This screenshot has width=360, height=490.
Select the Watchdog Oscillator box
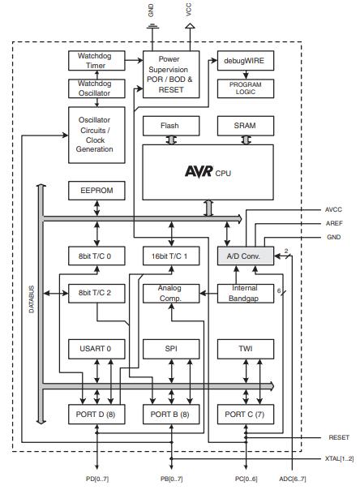point(96,88)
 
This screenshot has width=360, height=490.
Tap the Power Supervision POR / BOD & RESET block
point(171,74)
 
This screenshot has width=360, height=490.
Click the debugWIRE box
point(245,61)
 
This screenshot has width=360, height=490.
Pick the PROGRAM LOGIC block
point(245,88)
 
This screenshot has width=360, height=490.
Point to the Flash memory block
point(170,126)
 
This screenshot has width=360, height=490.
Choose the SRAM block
point(245,126)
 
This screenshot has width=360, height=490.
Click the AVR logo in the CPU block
point(198,171)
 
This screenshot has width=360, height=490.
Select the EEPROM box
point(96,191)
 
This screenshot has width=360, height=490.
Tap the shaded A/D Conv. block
point(245,256)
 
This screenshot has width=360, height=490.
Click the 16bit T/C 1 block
point(170,256)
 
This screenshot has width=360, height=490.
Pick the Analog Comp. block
point(170,294)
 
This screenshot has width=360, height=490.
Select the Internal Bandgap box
point(245,294)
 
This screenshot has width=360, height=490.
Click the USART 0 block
point(96,349)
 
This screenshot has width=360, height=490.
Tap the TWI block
point(245,349)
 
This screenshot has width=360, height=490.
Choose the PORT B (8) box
point(170,414)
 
